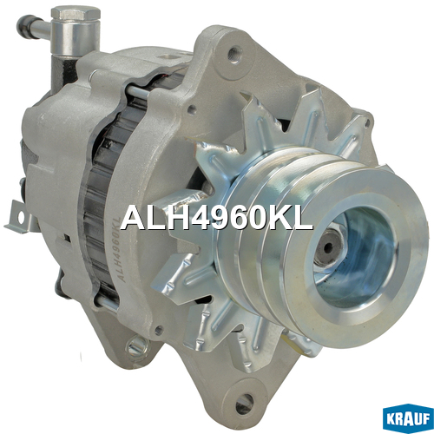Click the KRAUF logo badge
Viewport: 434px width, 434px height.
click(408, 418)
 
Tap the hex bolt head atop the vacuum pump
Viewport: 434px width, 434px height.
click(76, 13)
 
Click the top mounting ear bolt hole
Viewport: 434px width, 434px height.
click(234, 55)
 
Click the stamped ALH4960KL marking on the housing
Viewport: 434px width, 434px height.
click(119, 249)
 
